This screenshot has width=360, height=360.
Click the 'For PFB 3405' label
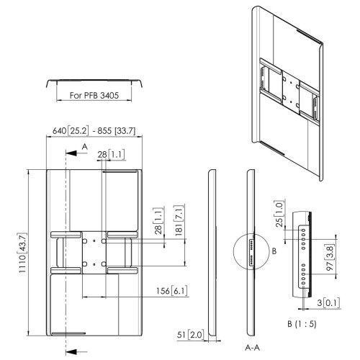94,96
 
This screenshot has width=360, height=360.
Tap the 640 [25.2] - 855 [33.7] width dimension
94,131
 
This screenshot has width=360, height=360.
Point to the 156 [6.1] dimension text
171,291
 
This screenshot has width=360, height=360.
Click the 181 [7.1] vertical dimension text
179,220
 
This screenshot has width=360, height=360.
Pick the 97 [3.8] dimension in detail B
330,258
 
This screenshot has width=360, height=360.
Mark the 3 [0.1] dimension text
328,302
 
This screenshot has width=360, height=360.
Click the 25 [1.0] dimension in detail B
280,213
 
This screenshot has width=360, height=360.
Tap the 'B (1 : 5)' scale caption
302,324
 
